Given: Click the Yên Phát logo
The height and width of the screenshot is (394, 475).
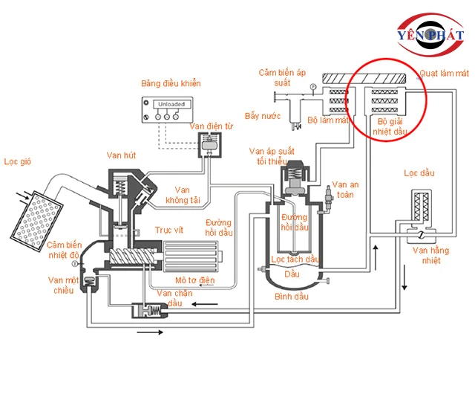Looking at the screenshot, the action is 430,35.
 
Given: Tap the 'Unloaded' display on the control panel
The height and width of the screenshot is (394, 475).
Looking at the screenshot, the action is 171,104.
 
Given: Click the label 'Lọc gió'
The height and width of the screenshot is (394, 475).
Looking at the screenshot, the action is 18,161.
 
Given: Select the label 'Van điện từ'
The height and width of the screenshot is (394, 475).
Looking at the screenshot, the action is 212,126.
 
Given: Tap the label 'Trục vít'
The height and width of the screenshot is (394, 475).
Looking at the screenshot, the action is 169,230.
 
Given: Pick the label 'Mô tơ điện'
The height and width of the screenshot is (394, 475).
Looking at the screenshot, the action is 194,280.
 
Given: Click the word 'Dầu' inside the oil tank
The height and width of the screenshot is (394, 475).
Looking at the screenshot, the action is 292,274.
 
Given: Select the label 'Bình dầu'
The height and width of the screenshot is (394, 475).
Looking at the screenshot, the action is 292,297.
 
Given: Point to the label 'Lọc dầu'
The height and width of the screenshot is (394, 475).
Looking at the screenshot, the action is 419,173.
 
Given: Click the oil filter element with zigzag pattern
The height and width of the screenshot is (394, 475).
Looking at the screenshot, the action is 422,207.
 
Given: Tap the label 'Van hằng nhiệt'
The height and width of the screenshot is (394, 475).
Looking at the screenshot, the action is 430,255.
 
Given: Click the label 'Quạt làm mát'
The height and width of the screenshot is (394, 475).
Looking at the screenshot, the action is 444,73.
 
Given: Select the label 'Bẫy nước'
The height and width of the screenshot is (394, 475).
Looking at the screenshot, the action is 263,116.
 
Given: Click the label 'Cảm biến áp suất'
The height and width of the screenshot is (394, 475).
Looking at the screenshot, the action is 282,77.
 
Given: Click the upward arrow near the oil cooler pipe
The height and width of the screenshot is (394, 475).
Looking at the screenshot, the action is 376,257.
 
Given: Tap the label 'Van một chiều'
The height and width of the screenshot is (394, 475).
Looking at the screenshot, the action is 63,285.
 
